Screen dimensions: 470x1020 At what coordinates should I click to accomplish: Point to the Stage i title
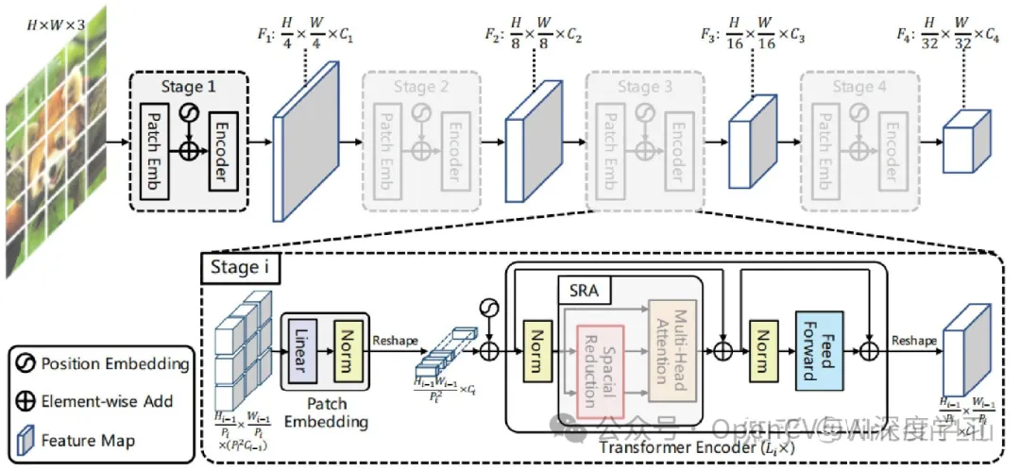click(239, 269)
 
